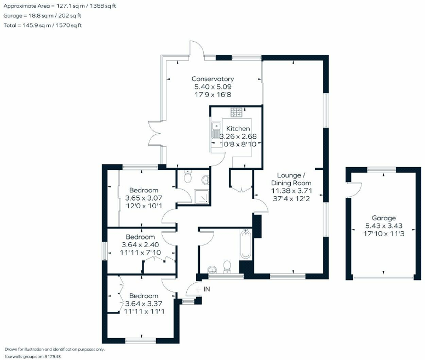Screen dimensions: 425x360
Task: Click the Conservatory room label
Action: (x=213, y=79)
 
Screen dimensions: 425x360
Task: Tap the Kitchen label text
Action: (x=238, y=129)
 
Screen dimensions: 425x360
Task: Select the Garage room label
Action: (x=384, y=218)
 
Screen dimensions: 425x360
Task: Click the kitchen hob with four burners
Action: (x=237, y=112)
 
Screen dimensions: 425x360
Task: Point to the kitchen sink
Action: (x=216, y=130)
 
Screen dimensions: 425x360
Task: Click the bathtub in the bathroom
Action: (x=245, y=244)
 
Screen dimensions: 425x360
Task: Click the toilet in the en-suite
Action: (x=187, y=176)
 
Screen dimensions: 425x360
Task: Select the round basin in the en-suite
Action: (x=206, y=180)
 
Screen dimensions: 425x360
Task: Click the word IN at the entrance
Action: (x=207, y=289)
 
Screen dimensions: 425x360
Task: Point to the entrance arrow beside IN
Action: (x=199, y=289)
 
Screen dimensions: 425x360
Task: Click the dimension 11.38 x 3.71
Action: (x=292, y=191)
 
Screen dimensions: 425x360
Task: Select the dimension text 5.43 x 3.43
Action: (x=384, y=226)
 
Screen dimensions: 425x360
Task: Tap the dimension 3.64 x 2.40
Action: (x=140, y=245)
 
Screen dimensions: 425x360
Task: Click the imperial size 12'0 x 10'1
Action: (x=144, y=205)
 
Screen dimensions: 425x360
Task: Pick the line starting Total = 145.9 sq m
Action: (x=43, y=26)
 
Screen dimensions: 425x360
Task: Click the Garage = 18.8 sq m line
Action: (x=42, y=16)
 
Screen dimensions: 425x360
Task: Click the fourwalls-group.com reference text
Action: (x=32, y=357)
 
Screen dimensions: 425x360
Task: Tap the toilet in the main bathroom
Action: (x=227, y=267)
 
